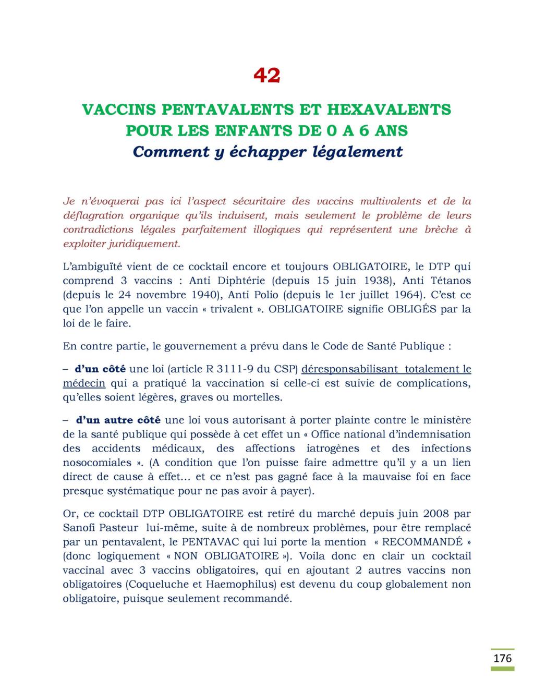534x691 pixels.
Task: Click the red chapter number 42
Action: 266,76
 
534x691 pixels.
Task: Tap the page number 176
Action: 503,658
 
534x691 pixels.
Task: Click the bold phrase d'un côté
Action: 100,369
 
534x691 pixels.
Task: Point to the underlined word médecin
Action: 84,383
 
